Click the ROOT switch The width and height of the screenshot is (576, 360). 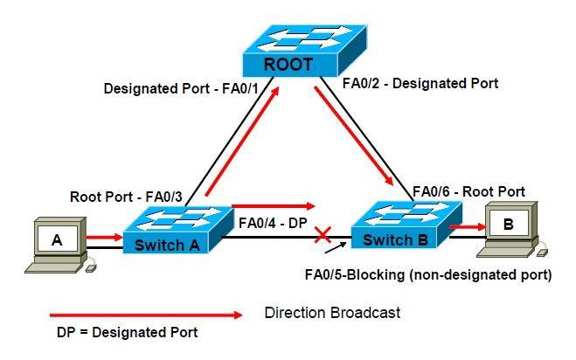(x=304, y=51)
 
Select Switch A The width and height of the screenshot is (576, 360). (x=177, y=230)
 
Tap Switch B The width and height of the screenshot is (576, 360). (x=406, y=225)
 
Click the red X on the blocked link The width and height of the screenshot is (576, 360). (x=323, y=235)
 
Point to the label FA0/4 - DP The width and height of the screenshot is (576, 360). (x=273, y=223)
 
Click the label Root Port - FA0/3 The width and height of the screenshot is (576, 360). (x=126, y=197)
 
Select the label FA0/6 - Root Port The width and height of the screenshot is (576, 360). (x=468, y=191)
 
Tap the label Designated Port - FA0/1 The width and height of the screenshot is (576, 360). (x=181, y=88)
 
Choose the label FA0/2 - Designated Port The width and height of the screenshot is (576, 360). (x=420, y=83)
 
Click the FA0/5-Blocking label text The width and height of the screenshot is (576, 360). (x=428, y=274)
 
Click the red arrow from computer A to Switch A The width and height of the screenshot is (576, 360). (x=104, y=238)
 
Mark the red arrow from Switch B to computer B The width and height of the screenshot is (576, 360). (x=468, y=226)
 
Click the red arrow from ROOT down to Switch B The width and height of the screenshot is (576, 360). (x=353, y=135)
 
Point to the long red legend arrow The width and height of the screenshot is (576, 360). (x=146, y=315)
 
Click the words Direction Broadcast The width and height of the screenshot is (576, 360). (x=332, y=313)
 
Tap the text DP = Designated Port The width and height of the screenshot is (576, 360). (x=127, y=332)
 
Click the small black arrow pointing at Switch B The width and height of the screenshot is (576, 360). (x=336, y=247)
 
